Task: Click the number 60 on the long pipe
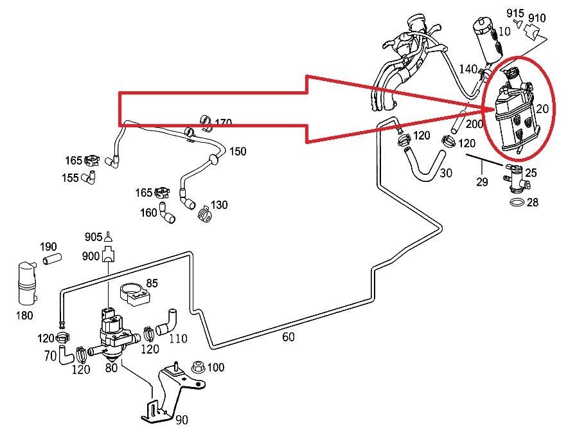click(x=288, y=336)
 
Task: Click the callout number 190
click(x=49, y=247)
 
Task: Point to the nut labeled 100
click(x=197, y=368)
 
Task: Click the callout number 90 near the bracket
click(x=181, y=420)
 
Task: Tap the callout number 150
click(x=238, y=152)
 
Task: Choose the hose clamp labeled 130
click(x=204, y=212)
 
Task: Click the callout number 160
click(x=148, y=212)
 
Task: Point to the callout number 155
click(x=71, y=177)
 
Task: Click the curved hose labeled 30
click(x=423, y=165)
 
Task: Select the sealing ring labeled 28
click(x=515, y=203)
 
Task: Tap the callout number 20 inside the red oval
click(x=542, y=109)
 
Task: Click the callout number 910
click(x=537, y=17)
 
